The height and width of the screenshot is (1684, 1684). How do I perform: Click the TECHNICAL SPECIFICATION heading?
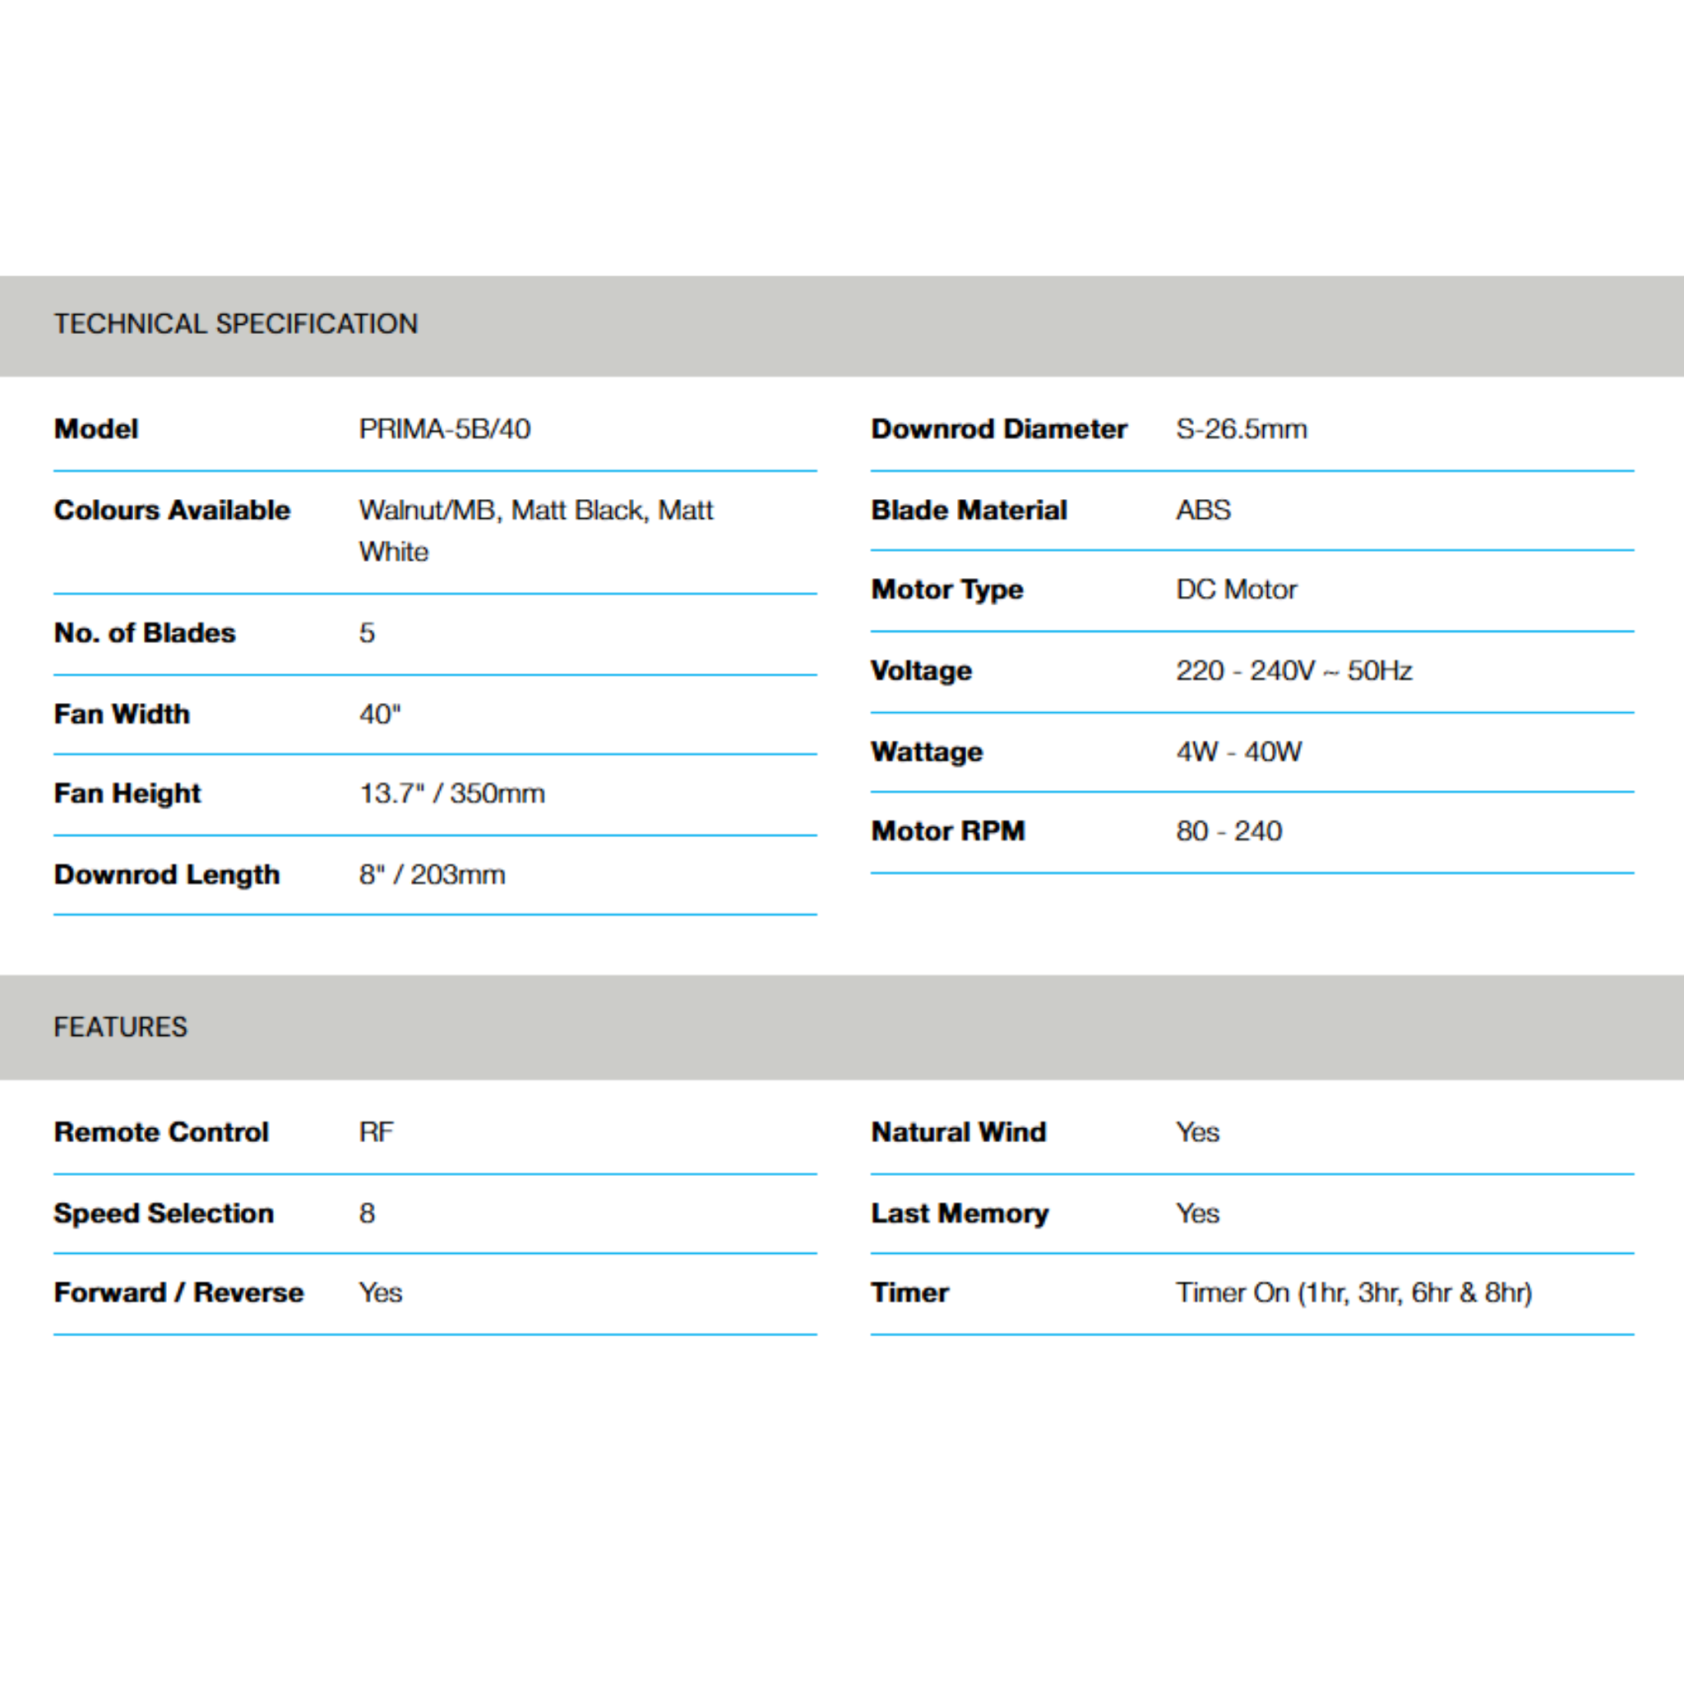tap(235, 324)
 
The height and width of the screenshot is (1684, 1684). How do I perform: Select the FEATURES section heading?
tap(120, 1027)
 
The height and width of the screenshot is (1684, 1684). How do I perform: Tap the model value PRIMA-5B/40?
tap(445, 429)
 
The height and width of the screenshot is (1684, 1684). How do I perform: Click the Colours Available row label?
tap(172, 510)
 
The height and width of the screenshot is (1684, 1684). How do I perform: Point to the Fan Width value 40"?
tap(380, 714)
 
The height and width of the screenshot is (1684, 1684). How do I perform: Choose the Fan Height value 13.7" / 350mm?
tap(451, 793)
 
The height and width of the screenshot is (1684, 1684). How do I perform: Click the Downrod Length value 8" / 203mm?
tap(432, 874)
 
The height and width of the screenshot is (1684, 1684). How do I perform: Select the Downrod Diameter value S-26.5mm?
tap(1241, 429)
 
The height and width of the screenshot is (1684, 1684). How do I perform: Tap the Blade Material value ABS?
tap(1203, 510)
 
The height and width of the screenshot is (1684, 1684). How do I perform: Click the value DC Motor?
tap(1236, 590)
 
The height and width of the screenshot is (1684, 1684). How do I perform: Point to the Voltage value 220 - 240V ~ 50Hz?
tap(1293, 670)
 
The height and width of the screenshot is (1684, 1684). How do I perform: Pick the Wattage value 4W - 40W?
tap(1238, 752)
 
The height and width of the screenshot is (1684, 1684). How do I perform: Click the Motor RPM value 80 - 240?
tap(1229, 830)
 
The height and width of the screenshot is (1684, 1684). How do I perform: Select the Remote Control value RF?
tap(376, 1131)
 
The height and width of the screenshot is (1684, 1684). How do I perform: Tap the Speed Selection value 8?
tap(367, 1213)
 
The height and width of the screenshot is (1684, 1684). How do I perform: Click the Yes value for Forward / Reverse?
tap(380, 1292)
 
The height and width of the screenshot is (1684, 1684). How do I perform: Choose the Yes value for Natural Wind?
tap(1197, 1131)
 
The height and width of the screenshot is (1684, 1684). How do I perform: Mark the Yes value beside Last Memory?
tap(1197, 1213)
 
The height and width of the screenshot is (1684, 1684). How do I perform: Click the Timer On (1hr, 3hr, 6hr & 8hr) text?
tap(1353, 1292)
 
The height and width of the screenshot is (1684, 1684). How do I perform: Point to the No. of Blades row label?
tap(145, 633)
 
